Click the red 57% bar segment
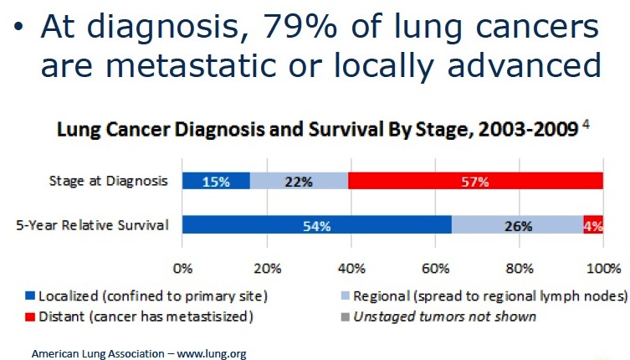tap(475, 181)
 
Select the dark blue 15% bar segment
tap(216, 181)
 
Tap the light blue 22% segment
tap(299, 181)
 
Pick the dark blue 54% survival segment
tap(316, 224)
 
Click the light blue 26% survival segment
tap(518, 224)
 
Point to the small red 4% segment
tap(593, 224)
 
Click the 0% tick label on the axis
tap(183, 268)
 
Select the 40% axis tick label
tap(351, 268)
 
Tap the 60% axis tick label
tap(436, 268)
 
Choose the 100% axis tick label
tap(603, 268)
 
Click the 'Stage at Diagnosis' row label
tap(108, 181)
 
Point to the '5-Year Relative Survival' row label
tap(92, 225)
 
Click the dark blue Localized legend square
tap(30, 296)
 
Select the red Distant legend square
tap(30, 317)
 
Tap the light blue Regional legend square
tap(346, 296)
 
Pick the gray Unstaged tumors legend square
tap(346, 317)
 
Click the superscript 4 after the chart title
tap(586, 124)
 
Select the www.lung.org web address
tap(212, 354)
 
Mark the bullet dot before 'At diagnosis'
tap(18, 27)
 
